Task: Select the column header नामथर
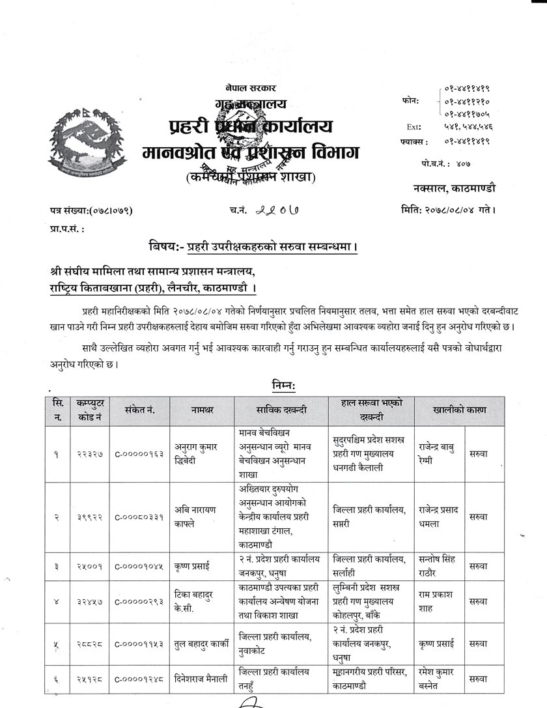coord(201,410)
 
